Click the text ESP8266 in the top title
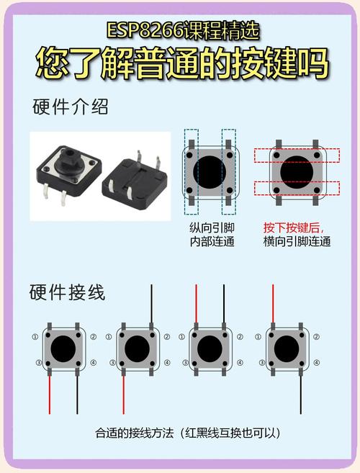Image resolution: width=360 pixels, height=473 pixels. click(x=136, y=30)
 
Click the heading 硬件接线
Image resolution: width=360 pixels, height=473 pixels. click(x=67, y=293)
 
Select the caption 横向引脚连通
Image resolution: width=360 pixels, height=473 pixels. click(x=297, y=242)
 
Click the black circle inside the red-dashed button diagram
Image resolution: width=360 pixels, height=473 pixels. click(x=297, y=171)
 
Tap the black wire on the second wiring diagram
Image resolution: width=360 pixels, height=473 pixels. click(x=152, y=304)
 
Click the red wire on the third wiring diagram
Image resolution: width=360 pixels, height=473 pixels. click(x=197, y=304)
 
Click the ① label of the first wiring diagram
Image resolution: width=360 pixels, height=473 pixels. click(x=35, y=337)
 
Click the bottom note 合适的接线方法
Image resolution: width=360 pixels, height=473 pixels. click(x=137, y=433)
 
